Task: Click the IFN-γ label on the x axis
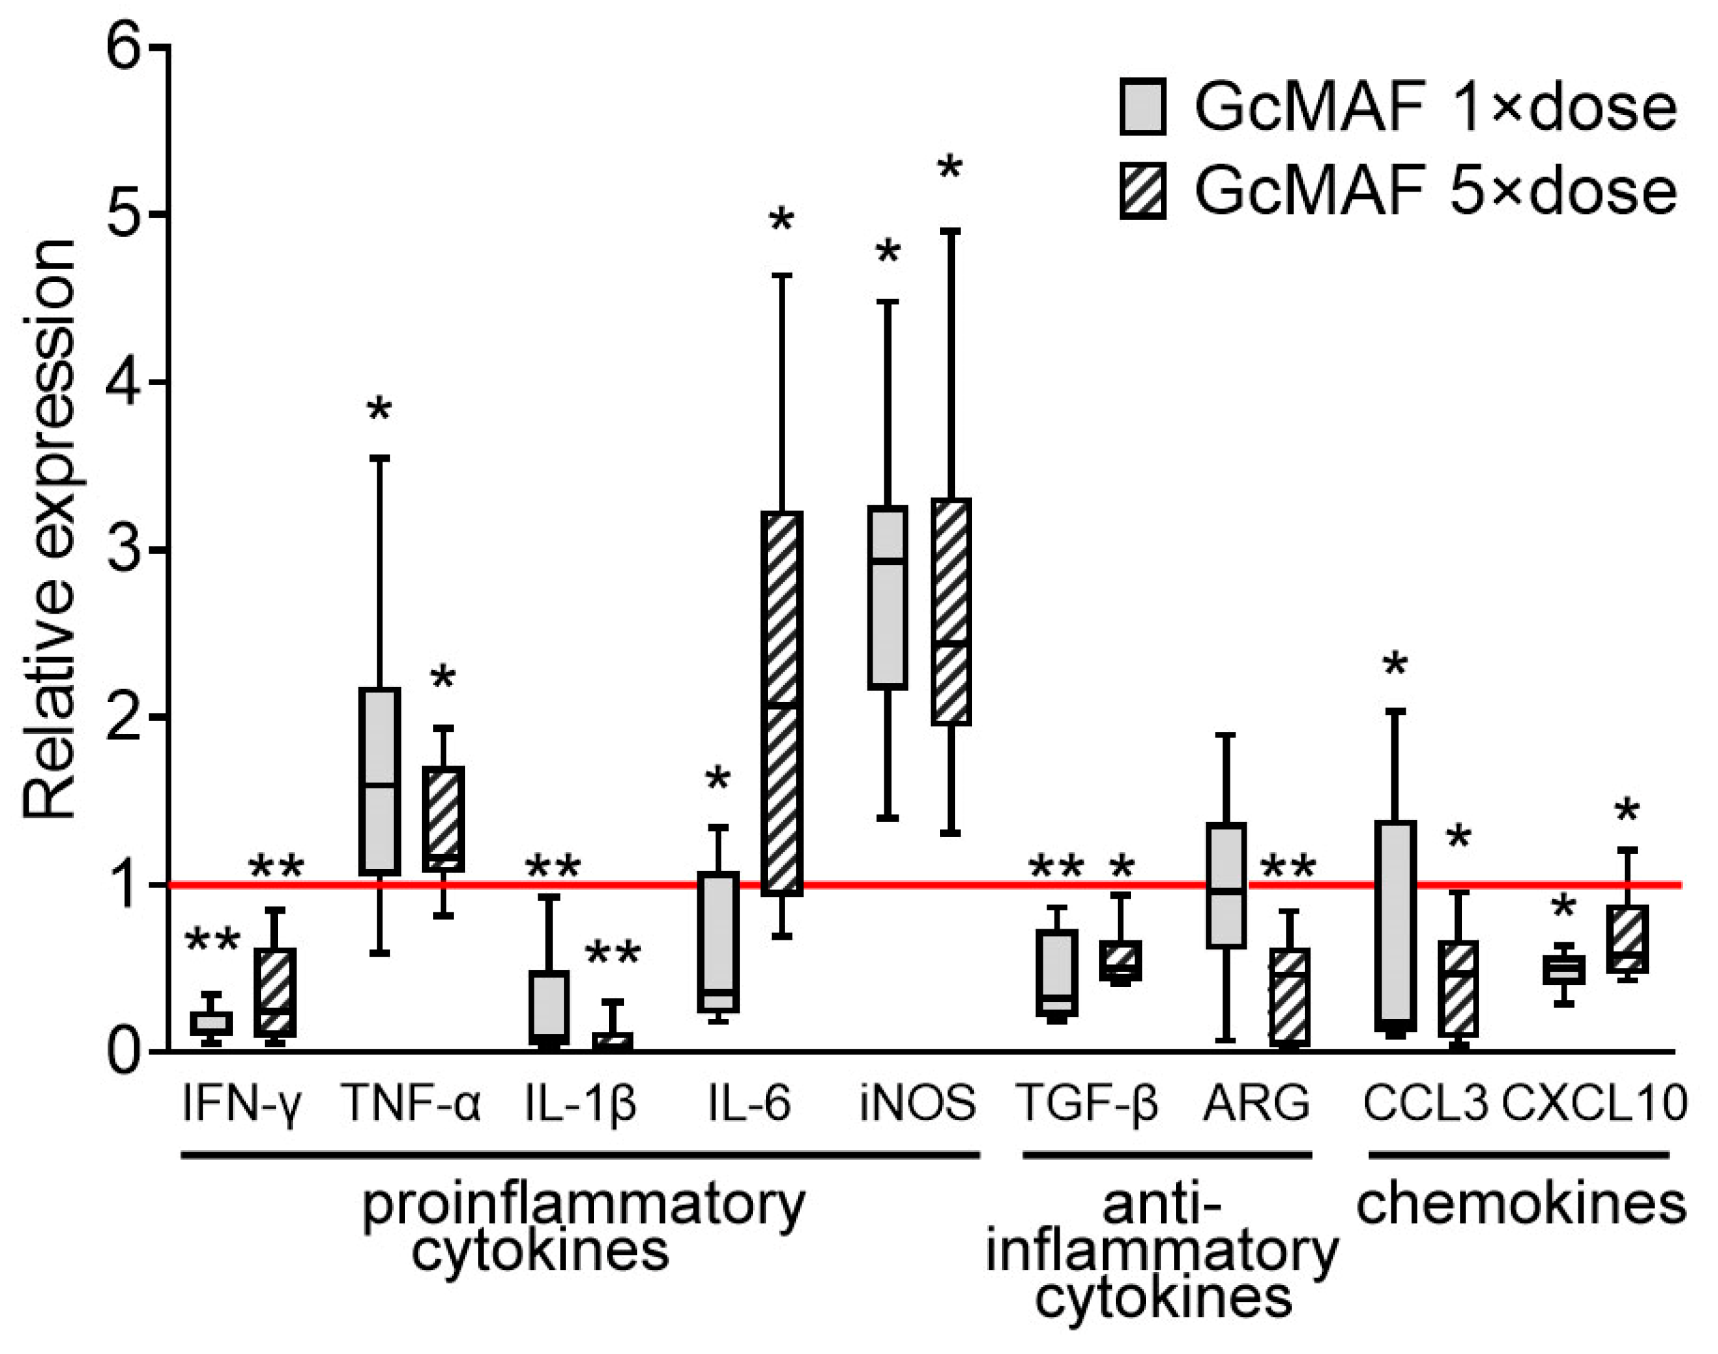pos(241,1103)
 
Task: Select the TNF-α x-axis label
pos(410,1103)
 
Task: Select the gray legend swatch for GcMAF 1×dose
pos(1143,107)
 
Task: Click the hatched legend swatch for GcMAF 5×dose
pos(1143,192)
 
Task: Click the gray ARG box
pos(1226,884)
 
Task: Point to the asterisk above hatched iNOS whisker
pos(949,168)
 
